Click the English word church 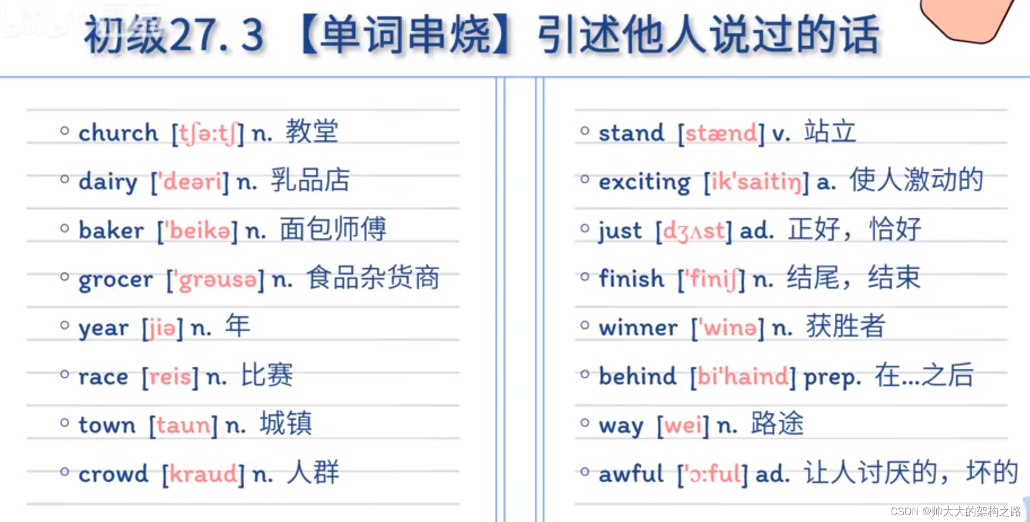118,133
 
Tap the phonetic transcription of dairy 190,182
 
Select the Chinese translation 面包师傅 333,229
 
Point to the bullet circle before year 64,325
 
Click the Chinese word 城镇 286,424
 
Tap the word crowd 113,474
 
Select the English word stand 631,133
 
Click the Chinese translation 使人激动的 916,180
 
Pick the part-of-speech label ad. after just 756,231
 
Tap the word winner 638,328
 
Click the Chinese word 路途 777,424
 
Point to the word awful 631,474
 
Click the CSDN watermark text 956,511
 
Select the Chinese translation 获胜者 845,326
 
